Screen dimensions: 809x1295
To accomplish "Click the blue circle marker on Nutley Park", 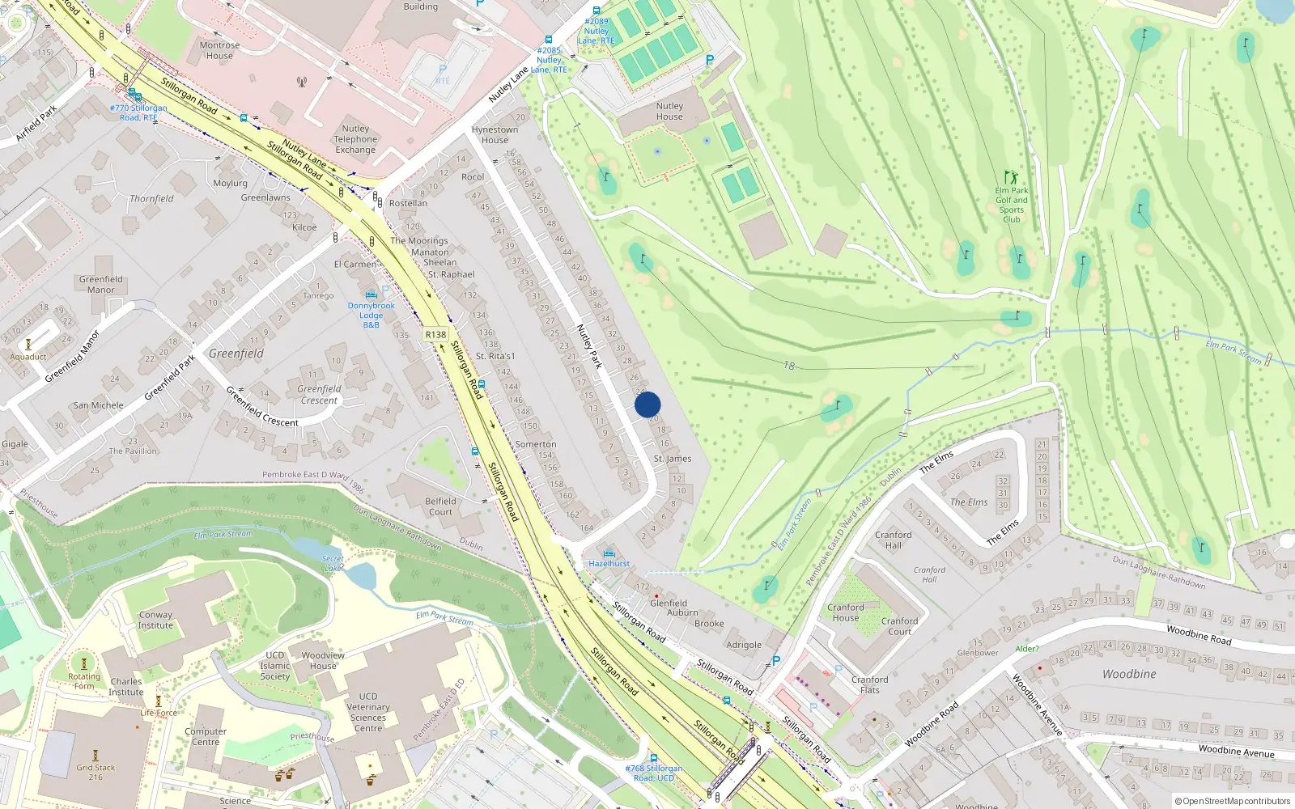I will (647, 404).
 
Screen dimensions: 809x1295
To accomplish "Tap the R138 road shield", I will (435, 334).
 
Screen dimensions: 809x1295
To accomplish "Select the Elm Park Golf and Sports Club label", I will (1012, 205).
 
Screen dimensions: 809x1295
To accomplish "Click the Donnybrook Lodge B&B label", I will (372, 315).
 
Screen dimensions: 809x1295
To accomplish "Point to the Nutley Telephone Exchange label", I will (355, 139).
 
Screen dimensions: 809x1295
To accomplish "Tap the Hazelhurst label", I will (609, 563).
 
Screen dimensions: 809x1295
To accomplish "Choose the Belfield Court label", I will (440, 506).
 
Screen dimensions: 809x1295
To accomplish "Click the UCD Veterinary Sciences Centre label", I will (368, 712).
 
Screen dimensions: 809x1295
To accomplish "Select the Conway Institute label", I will (155, 620).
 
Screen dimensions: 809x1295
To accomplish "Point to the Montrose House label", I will (219, 50).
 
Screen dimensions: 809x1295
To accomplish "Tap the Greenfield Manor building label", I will (101, 284).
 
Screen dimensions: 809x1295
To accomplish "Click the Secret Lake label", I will (333, 563).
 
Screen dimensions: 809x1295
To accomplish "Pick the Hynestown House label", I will (495, 134).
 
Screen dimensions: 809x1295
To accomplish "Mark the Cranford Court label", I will (899, 626).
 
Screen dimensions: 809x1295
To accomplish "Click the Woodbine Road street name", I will (1199, 634).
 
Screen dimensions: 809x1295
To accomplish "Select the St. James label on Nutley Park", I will (673, 459).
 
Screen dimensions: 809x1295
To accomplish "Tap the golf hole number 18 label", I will (788, 366).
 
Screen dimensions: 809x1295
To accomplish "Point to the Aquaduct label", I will (28, 357).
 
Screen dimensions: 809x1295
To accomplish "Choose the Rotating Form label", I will (84, 681).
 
